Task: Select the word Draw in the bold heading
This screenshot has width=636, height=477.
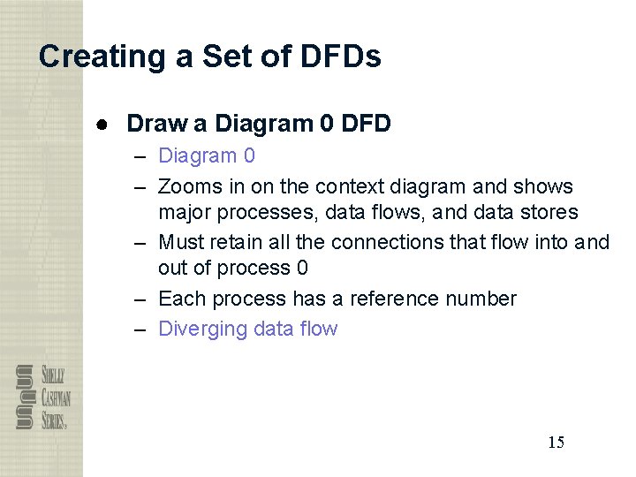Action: click(x=152, y=124)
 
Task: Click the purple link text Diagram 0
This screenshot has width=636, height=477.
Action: click(x=206, y=156)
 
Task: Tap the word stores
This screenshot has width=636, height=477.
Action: click(x=547, y=213)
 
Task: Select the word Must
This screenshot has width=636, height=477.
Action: click(x=182, y=242)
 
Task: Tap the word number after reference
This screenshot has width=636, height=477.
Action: click(x=486, y=299)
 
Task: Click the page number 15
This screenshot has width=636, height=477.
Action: click(x=556, y=443)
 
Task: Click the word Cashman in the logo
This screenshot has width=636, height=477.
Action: click(x=56, y=398)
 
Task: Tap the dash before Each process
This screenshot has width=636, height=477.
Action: click(x=140, y=299)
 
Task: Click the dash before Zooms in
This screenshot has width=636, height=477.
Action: click(x=140, y=187)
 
